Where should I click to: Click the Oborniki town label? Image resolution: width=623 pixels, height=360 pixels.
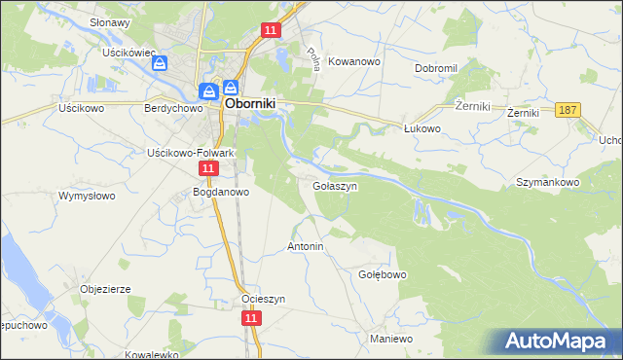click(x=256, y=100)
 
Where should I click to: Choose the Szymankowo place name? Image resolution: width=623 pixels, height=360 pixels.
click(x=548, y=182)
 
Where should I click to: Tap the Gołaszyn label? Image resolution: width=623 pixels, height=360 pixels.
click(x=334, y=185)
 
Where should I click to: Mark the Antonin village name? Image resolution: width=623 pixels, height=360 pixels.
click(x=305, y=247)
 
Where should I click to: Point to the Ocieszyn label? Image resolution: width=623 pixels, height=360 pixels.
click(x=263, y=299)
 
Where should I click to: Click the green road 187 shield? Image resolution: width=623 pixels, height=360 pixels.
click(x=568, y=110)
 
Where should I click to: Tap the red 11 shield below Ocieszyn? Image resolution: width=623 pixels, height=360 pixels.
click(x=251, y=318)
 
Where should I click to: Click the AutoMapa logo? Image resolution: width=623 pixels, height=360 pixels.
click(x=556, y=341)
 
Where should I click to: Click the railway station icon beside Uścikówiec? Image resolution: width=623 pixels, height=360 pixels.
click(x=161, y=63)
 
